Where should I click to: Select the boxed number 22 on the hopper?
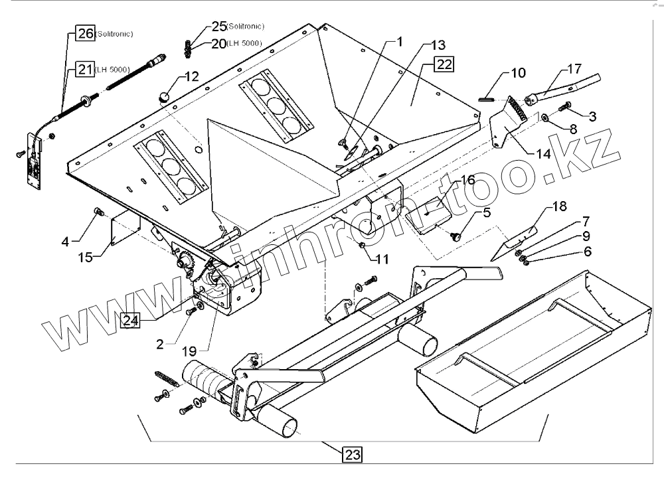click(x=444, y=64)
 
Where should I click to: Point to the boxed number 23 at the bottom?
click(x=352, y=455)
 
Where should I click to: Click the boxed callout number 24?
click(x=131, y=321)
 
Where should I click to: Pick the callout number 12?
click(x=191, y=76)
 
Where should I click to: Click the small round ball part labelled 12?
click(x=163, y=97)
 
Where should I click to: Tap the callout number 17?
click(x=574, y=70)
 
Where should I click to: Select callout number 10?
click(x=517, y=72)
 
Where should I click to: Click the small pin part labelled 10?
click(x=486, y=100)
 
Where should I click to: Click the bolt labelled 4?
click(x=100, y=212)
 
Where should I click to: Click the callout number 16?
click(x=467, y=180)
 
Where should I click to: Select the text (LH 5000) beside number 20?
click(x=244, y=44)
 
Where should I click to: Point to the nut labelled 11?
click(x=363, y=247)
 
